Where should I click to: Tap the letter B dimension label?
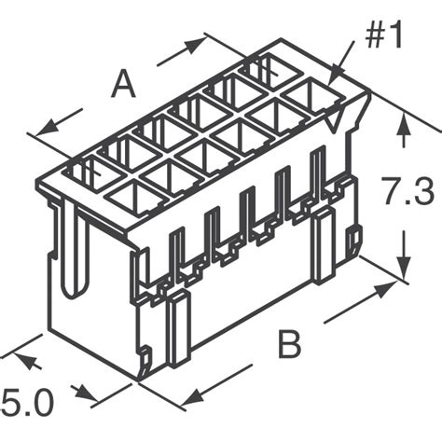click(290, 347)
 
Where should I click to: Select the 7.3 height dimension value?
click(407, 195)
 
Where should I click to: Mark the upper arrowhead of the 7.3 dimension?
click(403, 131)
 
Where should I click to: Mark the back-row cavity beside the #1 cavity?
click(265, 70)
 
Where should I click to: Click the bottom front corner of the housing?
click(140, 379)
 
